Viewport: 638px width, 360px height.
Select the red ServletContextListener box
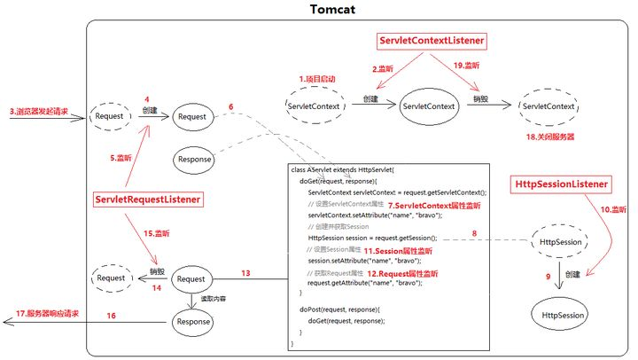click(x=432, y=41)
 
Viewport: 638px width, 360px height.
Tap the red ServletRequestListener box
click(x=145, y=200)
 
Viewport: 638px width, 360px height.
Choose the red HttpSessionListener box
click(x=562, y=184)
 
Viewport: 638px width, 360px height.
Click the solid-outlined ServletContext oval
click(x=430, y=106)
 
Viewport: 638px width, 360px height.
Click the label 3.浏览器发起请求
click(x=40, y=113)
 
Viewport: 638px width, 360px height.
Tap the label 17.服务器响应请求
click(x=51, y=315)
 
